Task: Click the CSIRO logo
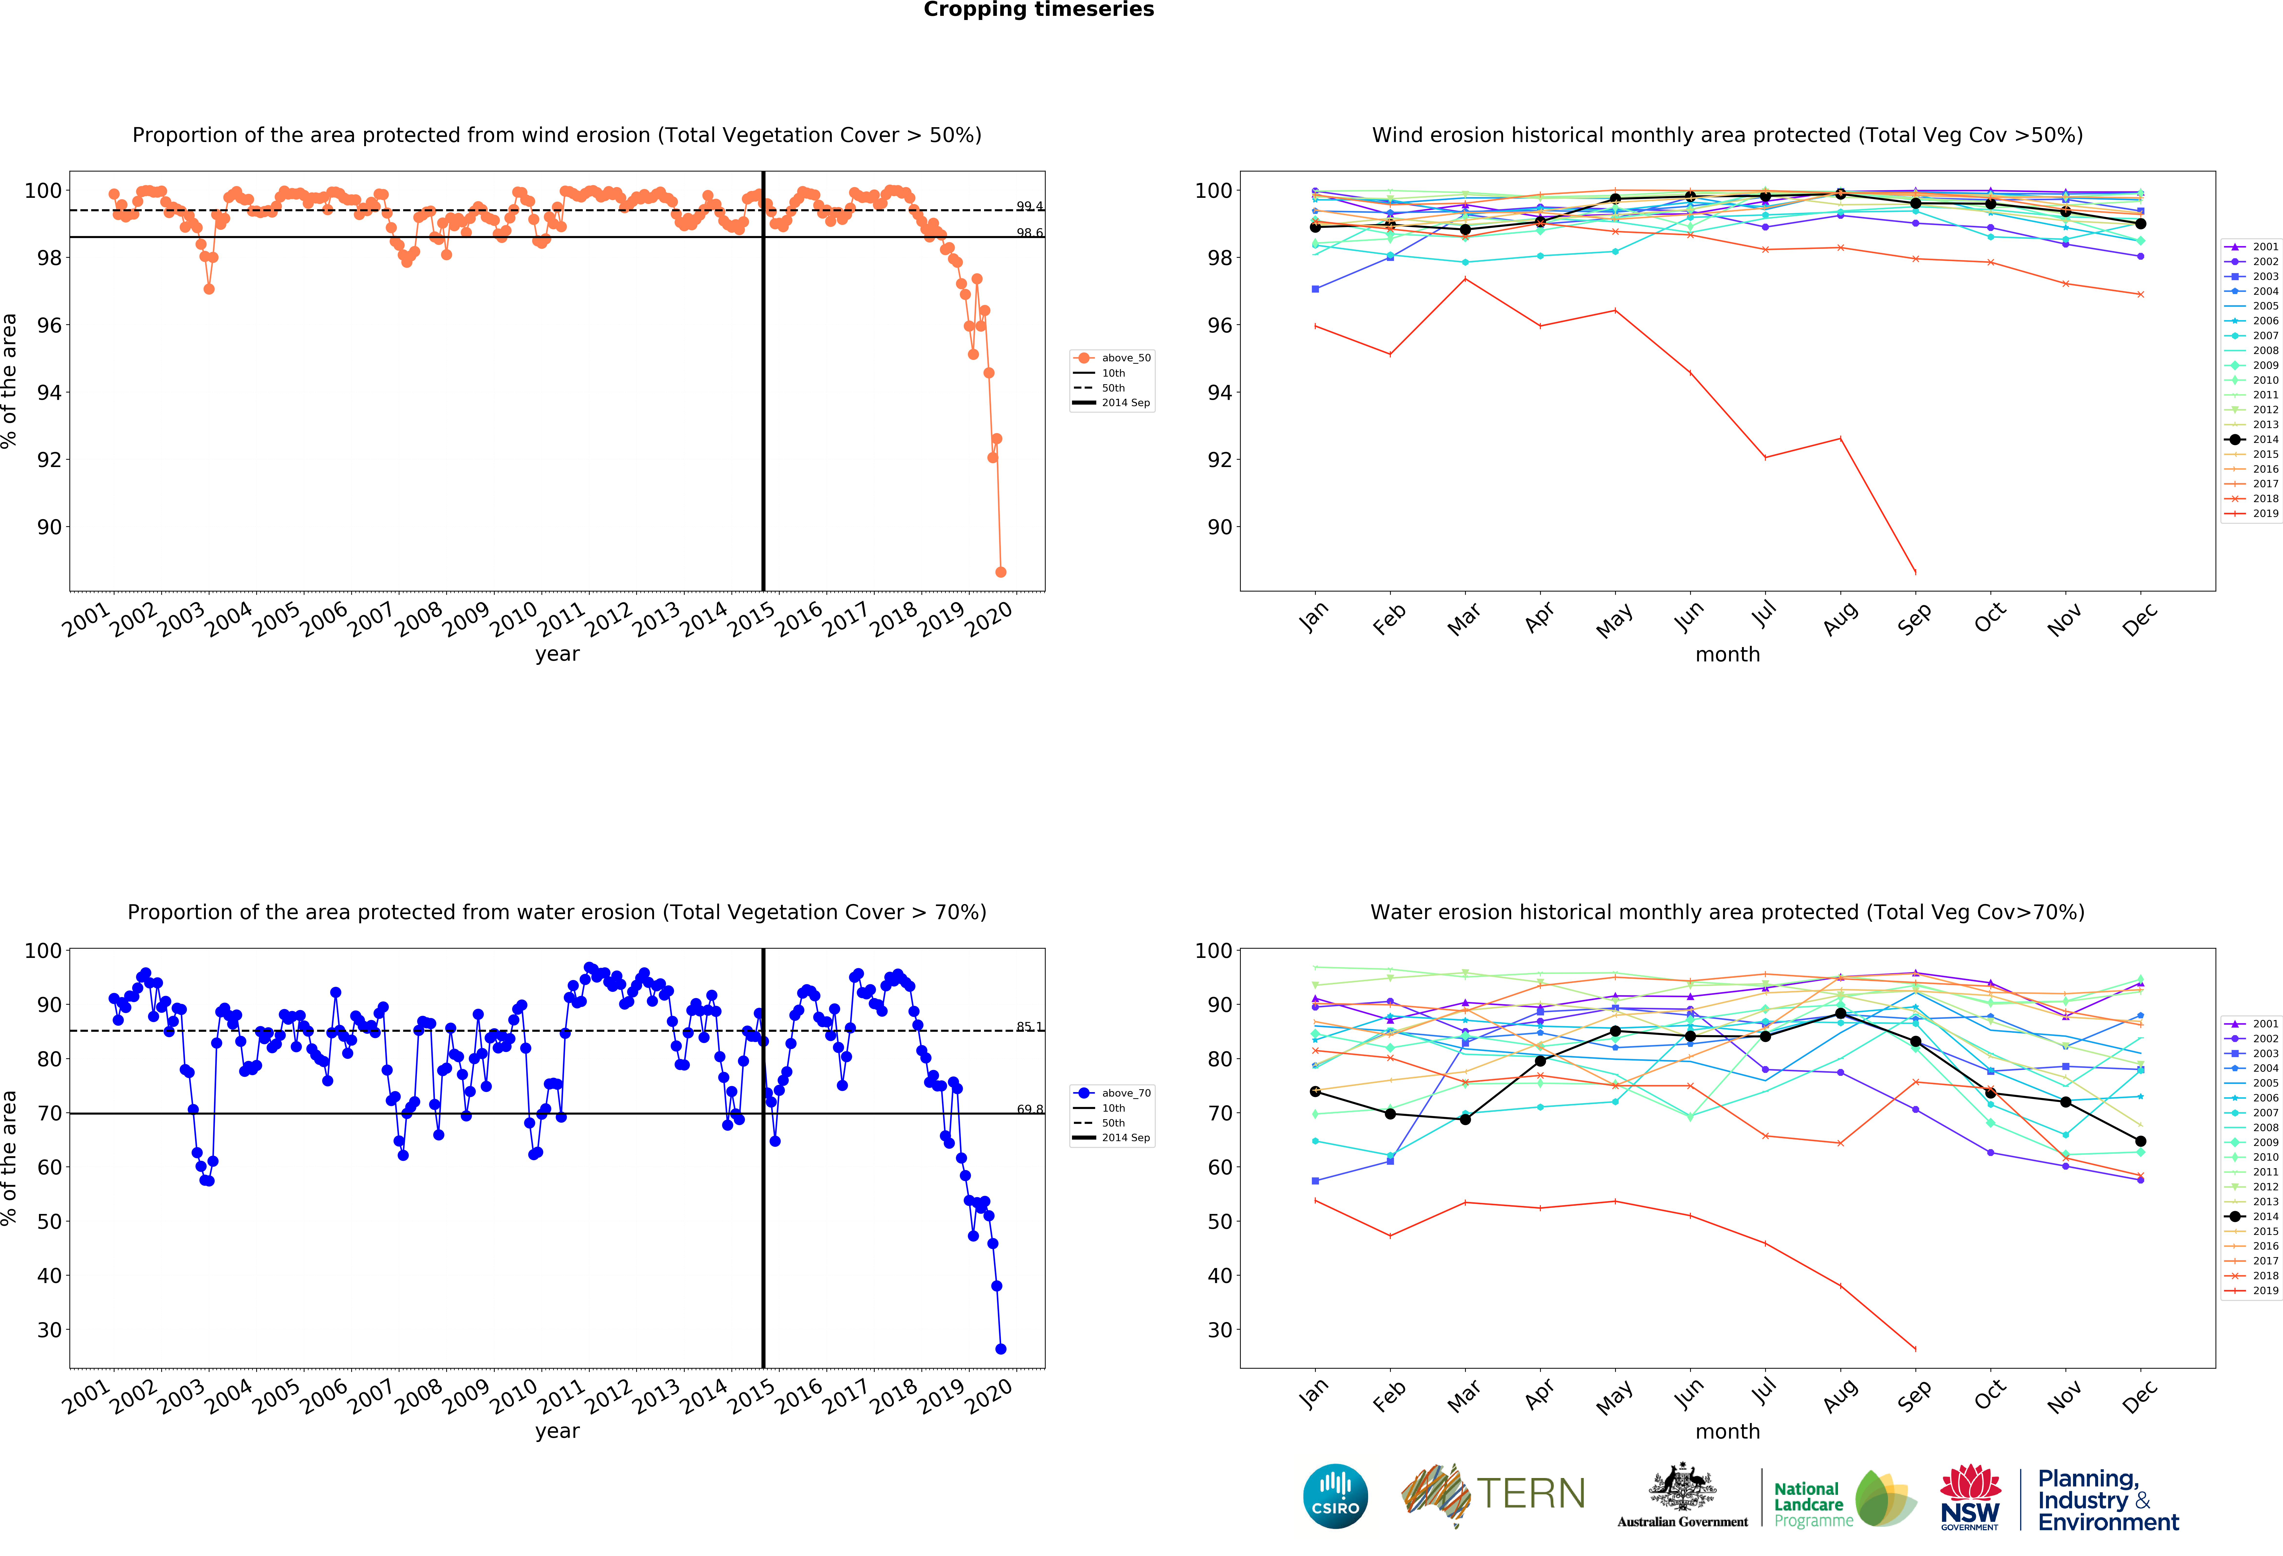[x=1335, y=1496]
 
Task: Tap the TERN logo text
[x=1531, y=1494]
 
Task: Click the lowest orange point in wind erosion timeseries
[x=1000, y=572]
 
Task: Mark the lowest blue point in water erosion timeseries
[x=1000, y=1349]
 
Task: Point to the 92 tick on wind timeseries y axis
[x=49, y=460]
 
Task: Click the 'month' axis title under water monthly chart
[x=1727, y=1431]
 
